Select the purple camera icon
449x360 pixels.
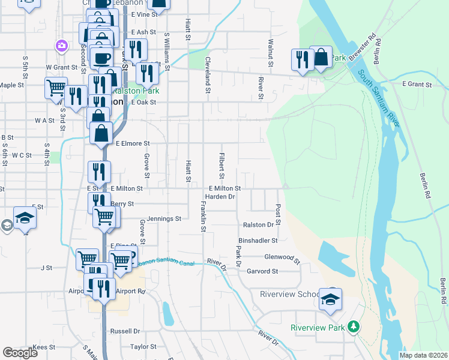tap(61, 45)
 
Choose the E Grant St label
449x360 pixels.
tap(417, 85)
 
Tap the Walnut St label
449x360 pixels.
tap(271, 53)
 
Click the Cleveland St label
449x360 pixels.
tap(208, 76)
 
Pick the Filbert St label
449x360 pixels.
tap(221, 162)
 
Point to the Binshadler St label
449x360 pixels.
tap(258, 240)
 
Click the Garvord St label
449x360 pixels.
tap(262, 271)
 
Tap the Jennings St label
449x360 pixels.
tap(164, 219)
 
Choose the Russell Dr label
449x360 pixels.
tap(125, 331)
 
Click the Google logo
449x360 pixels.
tap(20, 353)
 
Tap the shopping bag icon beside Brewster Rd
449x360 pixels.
tap(321, 58)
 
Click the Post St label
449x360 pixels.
tap(279, 211)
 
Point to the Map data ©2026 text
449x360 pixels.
tap(423, 355)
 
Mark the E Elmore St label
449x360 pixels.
tap(132, 143)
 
